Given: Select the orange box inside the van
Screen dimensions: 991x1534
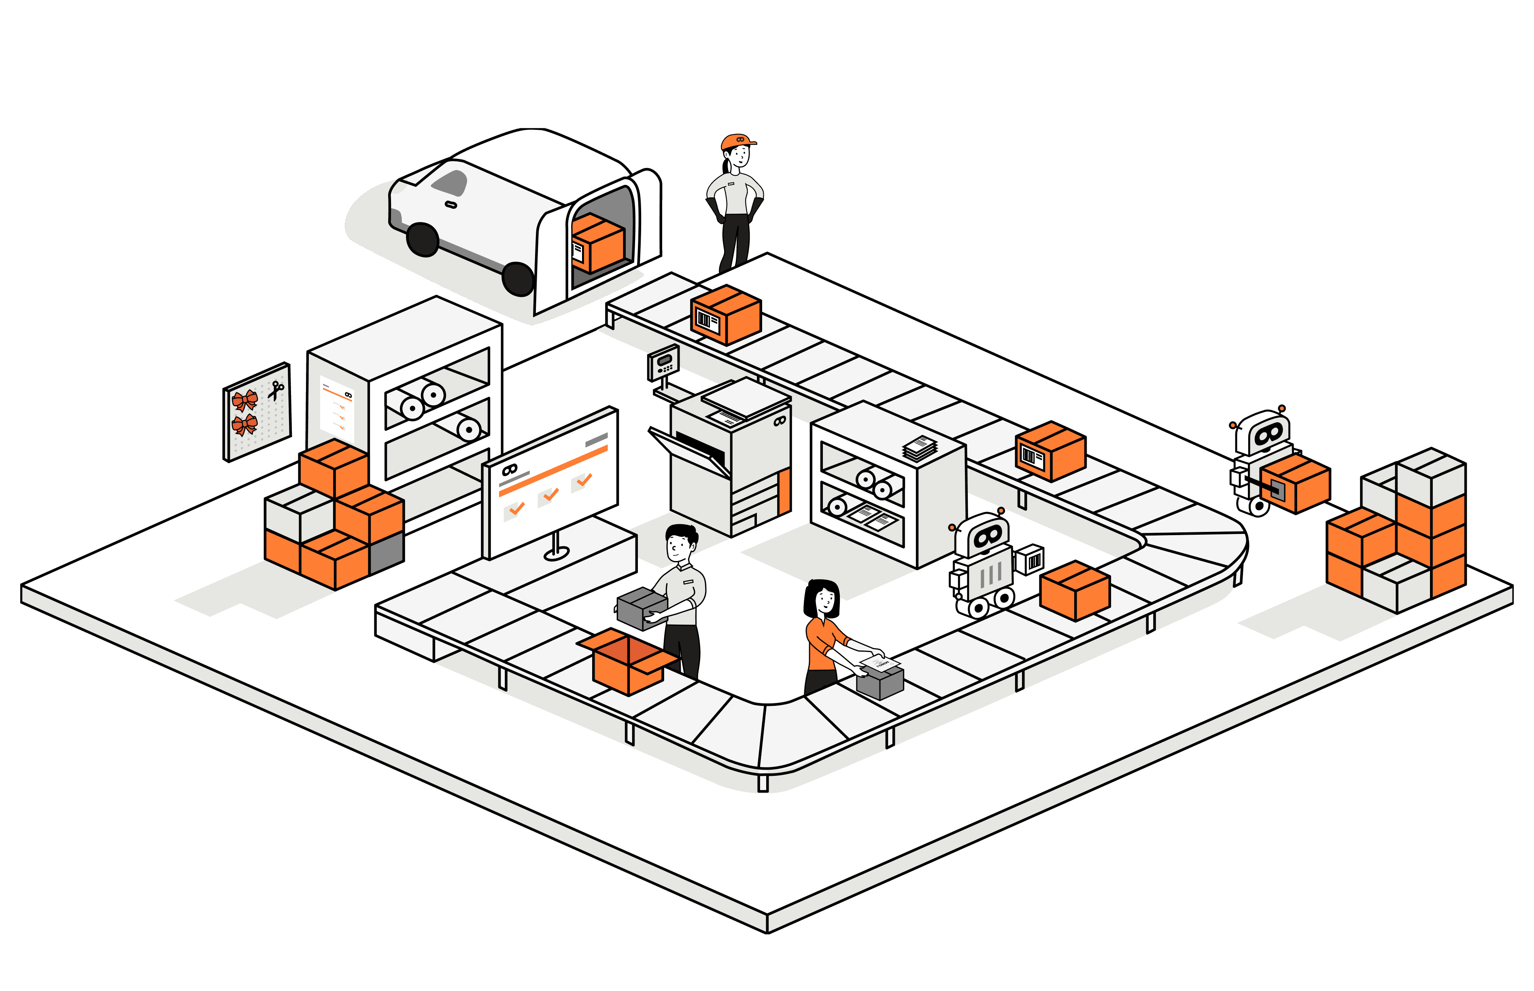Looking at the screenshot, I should pyautogui.click(x=597, y=243).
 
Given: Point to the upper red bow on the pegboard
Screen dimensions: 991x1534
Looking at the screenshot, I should pyautogui.click(x=244, y=400).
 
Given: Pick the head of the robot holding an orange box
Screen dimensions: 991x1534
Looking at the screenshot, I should pyautogui.click(x=1263, y=434).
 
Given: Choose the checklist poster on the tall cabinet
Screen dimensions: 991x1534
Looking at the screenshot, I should pyautogui.click(x=337, y=408).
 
